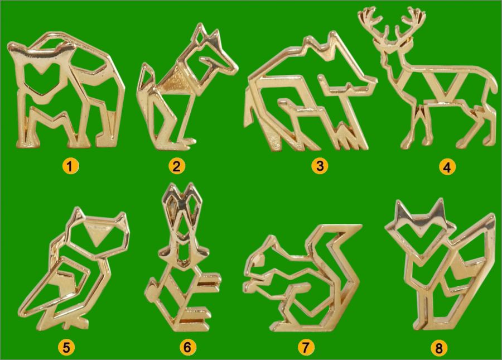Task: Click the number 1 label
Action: [x=70, y=166]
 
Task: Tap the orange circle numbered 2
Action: [x=177, y=166]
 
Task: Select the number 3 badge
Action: [x=320, y=166]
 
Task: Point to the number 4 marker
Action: [x=447, y=167]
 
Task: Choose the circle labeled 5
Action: [x=66, y=347]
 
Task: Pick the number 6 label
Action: [x=187, y=347]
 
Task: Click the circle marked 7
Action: [x=306, y=347]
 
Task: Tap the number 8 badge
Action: [x=439, y=348]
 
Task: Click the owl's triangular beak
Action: [x=97, y=235]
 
